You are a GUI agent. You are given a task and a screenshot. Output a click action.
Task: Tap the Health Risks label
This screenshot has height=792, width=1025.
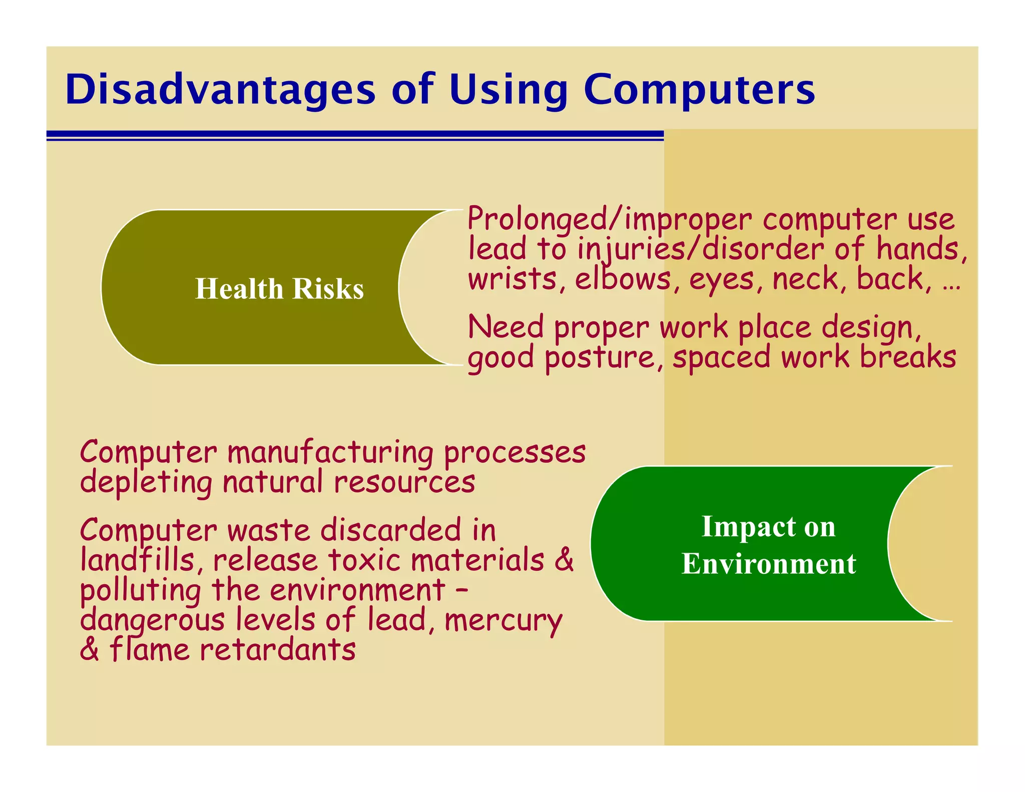279,288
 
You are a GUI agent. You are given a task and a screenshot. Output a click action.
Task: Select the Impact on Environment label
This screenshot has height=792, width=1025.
768,545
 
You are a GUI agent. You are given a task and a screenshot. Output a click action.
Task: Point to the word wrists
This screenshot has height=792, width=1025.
512,279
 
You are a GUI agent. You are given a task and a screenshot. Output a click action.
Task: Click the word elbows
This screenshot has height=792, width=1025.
622,278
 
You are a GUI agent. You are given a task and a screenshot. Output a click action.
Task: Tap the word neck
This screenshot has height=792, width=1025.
805,279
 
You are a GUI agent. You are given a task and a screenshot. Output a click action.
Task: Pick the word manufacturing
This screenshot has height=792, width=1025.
330,453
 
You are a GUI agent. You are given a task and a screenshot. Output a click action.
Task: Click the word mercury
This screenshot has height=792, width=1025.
502,621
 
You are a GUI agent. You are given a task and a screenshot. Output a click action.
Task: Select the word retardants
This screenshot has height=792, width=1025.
277,650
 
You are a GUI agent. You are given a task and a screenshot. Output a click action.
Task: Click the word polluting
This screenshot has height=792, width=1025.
141,591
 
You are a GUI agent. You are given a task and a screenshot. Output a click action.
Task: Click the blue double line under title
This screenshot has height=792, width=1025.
355,135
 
